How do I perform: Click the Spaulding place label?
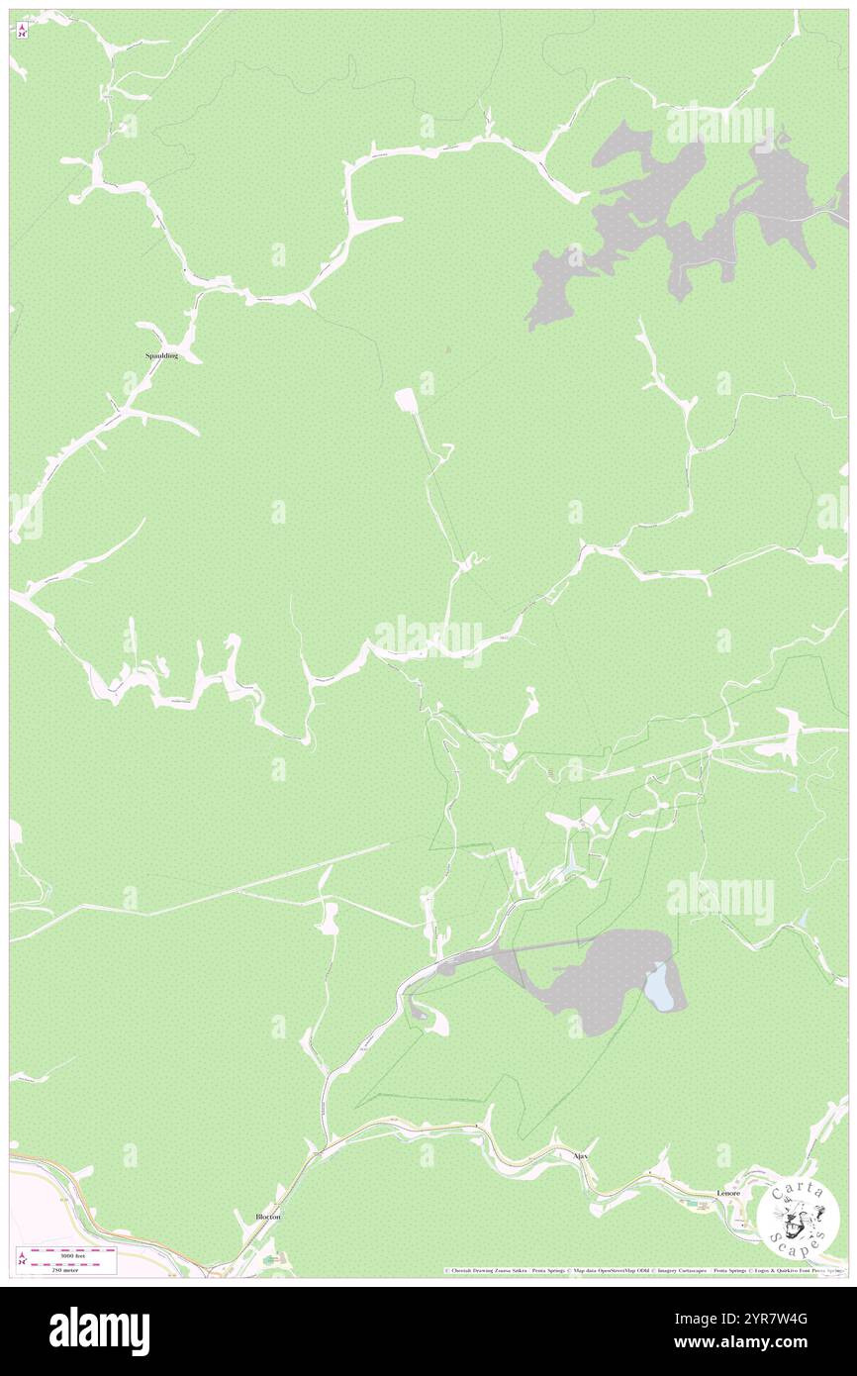(x=161, y=354)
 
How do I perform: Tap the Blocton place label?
(x=267, y=1217)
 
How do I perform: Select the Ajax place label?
(x=581, y=1155)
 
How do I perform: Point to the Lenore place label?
(x=727, y=1194)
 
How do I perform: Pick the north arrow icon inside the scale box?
(x=22, y=1258)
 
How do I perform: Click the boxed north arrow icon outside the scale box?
(x=22, y=30)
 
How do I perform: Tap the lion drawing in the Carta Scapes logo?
(x=797, y=1217)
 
